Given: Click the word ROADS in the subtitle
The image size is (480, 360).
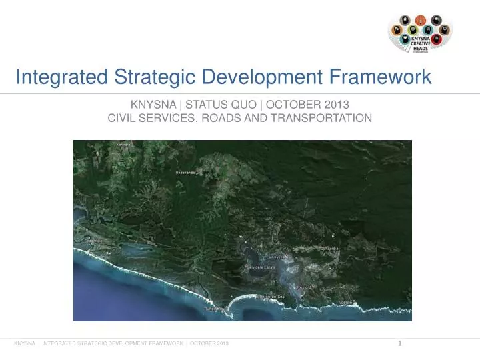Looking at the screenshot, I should click(x=221, y=118).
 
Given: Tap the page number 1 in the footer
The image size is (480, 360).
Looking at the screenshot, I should click(x=399, y=343).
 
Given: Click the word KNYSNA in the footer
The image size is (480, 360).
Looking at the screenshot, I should click(x=25, y=343).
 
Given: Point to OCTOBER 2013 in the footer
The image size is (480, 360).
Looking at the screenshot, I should click(x=209, y=343).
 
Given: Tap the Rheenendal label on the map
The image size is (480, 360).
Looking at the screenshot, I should click(x=186, y=172).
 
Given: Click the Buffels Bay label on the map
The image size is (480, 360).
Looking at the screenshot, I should click(x=215, y=309).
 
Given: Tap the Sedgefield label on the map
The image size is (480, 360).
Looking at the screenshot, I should click(x=83, y=241).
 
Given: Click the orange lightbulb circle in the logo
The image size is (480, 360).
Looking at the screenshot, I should click(x=420, y=20).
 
